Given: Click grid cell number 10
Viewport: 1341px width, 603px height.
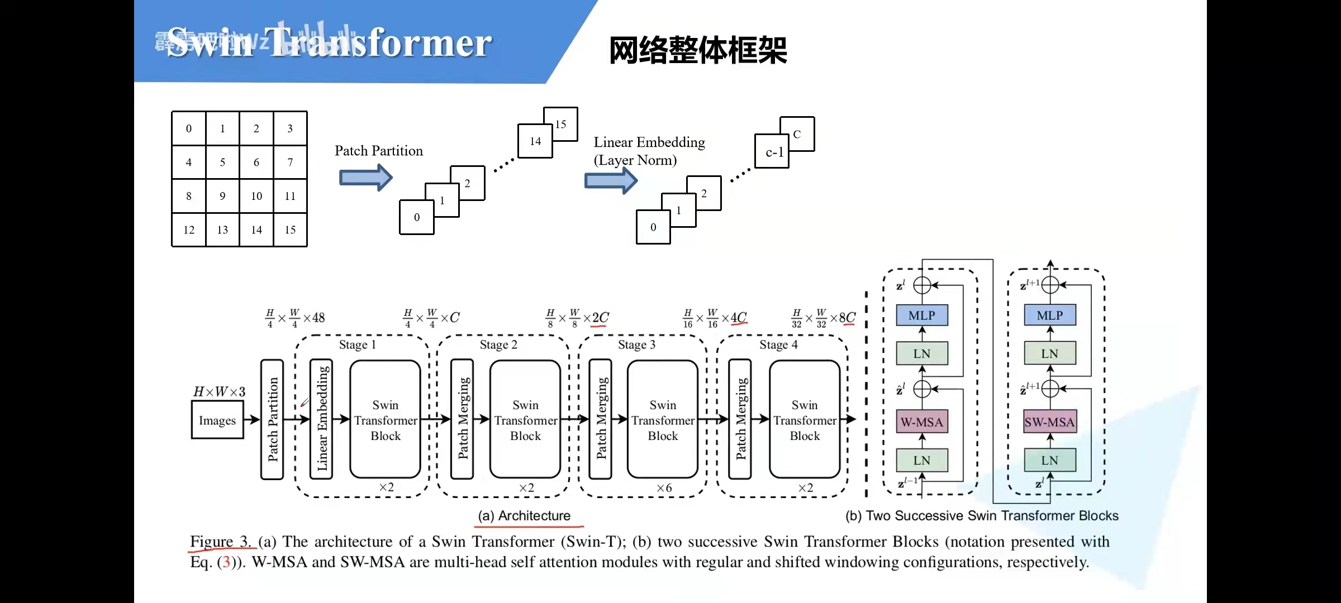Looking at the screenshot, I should (256, 196).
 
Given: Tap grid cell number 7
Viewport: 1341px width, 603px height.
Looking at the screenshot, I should (290, 162).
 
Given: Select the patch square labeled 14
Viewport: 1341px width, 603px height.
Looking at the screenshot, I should (535, 141).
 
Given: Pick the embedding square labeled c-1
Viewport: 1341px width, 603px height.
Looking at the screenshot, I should (772, 152).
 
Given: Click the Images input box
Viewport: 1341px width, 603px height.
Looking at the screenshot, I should (217, 420).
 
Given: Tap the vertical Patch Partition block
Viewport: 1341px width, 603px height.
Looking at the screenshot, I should (272, 419).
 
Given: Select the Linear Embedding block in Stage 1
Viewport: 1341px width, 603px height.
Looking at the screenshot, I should (322, 419).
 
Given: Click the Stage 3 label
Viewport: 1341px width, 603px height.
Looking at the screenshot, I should (636, 344).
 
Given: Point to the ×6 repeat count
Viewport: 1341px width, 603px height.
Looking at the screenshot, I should (664, 487).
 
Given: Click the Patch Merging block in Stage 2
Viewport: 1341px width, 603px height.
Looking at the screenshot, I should (463, 419).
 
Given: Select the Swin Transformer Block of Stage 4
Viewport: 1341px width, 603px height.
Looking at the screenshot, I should (805, 420).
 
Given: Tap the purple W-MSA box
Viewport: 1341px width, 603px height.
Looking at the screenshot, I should (921, 422).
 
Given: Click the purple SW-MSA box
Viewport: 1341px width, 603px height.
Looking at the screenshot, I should (1049, 422).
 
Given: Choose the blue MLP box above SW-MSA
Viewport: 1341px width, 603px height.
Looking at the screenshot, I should (1049, 315).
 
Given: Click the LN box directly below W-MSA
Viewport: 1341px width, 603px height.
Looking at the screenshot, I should (921, 461).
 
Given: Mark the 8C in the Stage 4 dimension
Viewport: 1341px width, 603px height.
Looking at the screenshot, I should (847, 317).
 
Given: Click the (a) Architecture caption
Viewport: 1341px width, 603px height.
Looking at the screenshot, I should (524, 515).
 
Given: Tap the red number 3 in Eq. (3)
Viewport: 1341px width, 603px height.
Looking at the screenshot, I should (226, 562).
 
